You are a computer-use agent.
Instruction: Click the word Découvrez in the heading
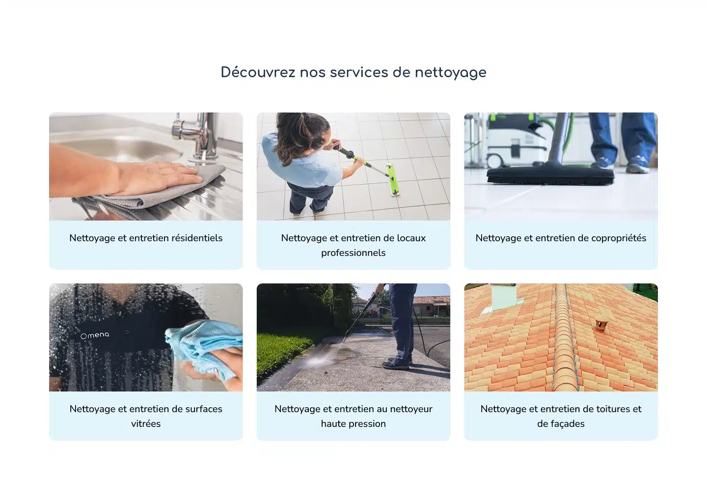(258, 72)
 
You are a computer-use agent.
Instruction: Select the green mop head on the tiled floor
(393, 180)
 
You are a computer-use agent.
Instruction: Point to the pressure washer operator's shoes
(396, 363)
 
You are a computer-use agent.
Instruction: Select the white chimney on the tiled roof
(504, 296)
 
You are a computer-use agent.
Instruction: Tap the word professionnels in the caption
(353, 253)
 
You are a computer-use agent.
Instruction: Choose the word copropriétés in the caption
(619, 238)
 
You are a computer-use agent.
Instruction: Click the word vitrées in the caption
(146, 423)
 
